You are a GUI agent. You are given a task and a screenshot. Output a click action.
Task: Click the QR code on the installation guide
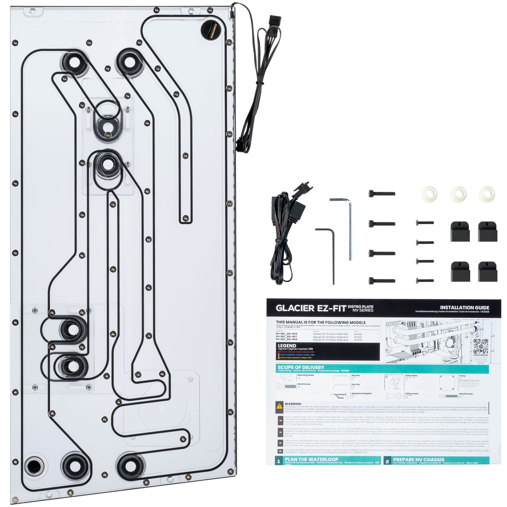click(480, 346)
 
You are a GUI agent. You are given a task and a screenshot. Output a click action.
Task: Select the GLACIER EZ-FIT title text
click(311, 308)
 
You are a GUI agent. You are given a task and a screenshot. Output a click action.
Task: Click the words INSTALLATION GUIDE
click(464, 308)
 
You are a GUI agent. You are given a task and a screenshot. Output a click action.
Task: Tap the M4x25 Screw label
click(466, 394)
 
